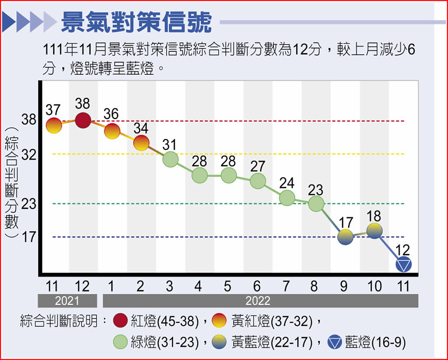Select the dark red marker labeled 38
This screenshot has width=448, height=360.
[83, 120]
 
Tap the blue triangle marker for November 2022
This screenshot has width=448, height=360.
[404, 265]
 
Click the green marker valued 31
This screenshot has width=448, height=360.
[170, 159]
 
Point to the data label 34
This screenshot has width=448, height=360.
[141, 129]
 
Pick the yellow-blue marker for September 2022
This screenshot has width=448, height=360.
[345, 236]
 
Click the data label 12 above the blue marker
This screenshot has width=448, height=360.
[402, 250]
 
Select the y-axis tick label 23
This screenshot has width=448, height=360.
[28, 204]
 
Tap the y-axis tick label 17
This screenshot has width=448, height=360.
[28, 237]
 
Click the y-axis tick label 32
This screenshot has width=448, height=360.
[28, 154]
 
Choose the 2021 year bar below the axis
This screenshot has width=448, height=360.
[67, 301]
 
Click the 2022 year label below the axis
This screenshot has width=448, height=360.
[258, 301]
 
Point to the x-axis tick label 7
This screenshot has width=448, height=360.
[286, 287]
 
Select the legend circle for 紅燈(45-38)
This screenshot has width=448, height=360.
[120, 321]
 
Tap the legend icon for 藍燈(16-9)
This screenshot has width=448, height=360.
[335, 342]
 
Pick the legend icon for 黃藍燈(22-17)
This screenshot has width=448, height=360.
[221, 342]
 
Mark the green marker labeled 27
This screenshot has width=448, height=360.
[258, 181]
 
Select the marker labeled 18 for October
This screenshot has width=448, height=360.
[374, 231]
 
